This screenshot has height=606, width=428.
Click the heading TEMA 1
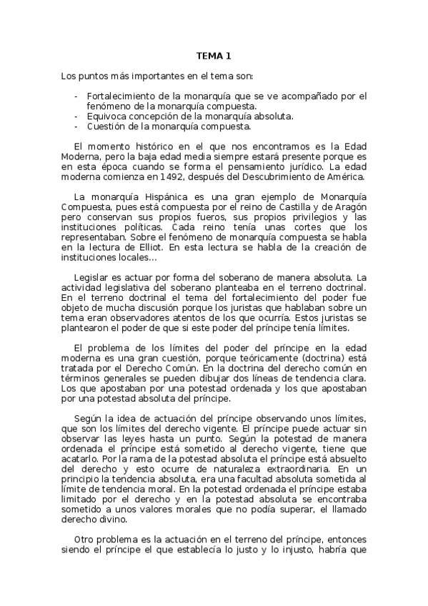click(x=214, y=56)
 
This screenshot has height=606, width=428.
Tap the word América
click(x=344, y=177)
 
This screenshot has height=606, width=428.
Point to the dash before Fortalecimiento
click(x=76, y=96)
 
